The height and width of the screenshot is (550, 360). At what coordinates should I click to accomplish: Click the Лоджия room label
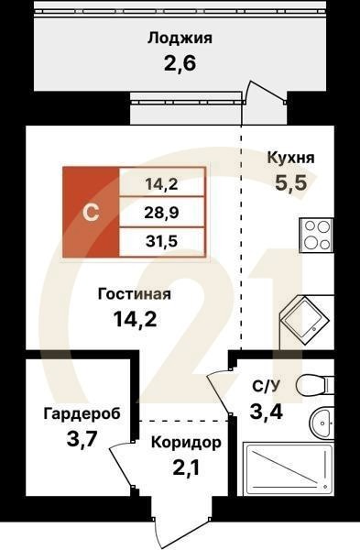(x=180, y=38)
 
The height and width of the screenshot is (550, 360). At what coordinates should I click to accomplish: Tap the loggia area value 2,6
(x=180, y=64)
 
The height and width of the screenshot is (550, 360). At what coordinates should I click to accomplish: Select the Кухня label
(x=290, y=158)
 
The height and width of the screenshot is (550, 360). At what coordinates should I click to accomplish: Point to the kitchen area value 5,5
(x=291, y=182)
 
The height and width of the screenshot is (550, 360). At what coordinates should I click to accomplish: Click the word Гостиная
(x=136, y=294)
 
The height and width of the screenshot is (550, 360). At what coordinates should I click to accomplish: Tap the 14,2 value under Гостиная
(x=136, y=320)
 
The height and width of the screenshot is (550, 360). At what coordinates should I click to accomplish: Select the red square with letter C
(x=91, y=213)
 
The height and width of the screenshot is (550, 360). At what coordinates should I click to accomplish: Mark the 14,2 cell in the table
(x=161, y=182)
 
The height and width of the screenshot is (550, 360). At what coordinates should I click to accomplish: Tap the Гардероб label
(x=82, y=414)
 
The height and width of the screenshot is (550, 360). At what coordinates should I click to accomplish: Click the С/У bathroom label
(x=266, y=385)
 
